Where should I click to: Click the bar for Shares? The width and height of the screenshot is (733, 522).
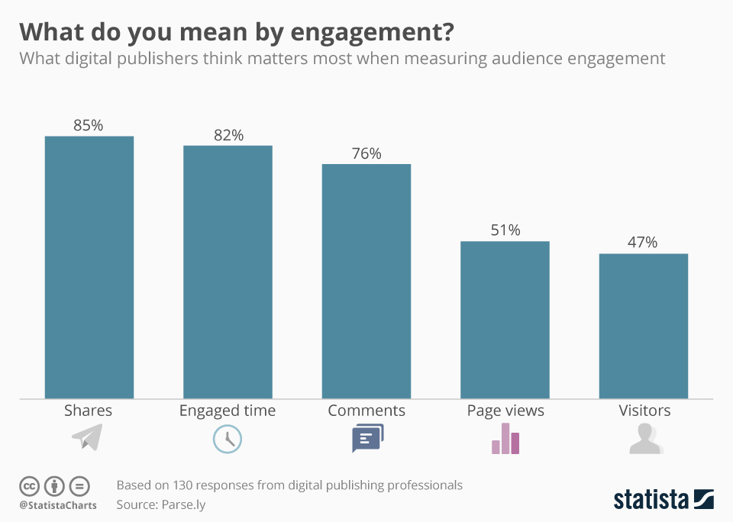pyautogui.click(x=89, y=267)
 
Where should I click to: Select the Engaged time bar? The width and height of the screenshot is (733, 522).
pyautogui.click(x=228, y=272)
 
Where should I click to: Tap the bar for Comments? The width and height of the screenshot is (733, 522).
pyautogui.click(x=366, y=281)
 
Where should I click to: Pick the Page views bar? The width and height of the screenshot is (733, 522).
pyautogui.click(x=505, y=319)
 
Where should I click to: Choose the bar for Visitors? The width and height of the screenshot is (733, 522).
pyautogui.click(x=644, y=325)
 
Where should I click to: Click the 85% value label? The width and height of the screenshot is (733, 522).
pyautogui.click(x=88, y=125)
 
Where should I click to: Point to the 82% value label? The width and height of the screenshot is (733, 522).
pyautogui.click(x=228, y=135)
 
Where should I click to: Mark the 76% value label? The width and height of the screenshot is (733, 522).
pyautogui.click(x=366, y=153)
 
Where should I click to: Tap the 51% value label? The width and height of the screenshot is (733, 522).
pyautogui.click(x=505, y=230)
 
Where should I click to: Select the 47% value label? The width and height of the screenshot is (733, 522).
pyautogui.click(x=643, y=242)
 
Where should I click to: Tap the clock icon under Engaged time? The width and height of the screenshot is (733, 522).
pyautogui.click(x=227, y=439)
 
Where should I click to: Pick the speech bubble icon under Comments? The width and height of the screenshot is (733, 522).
pyautogui.click(x=367, y=438)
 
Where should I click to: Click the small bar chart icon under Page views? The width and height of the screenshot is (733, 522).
pyautogui.click(x=505, y=439)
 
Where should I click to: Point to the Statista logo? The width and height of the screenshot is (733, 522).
pyautogui.click(x=664, y=499)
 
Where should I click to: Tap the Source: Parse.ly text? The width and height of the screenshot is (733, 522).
pyautogui.click(x=161, y=504)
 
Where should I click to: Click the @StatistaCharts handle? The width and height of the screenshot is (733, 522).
pyautogui.click(x=58, y=505)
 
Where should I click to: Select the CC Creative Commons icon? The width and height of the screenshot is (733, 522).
pyautogui.click(x=29, y=485)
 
